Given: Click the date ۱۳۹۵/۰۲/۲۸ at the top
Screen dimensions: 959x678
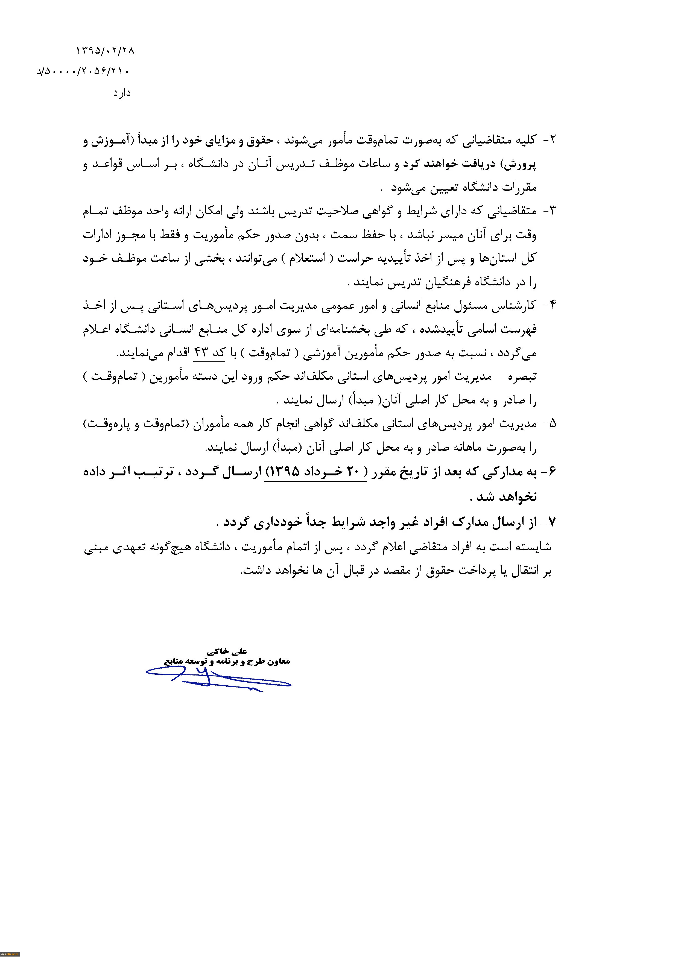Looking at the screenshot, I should [105, 51].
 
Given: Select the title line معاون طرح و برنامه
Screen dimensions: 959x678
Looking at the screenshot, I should [227, 662].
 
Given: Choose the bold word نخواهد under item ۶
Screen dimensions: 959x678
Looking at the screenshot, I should [518, 497].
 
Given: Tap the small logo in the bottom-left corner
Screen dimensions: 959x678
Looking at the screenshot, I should [10, 954].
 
